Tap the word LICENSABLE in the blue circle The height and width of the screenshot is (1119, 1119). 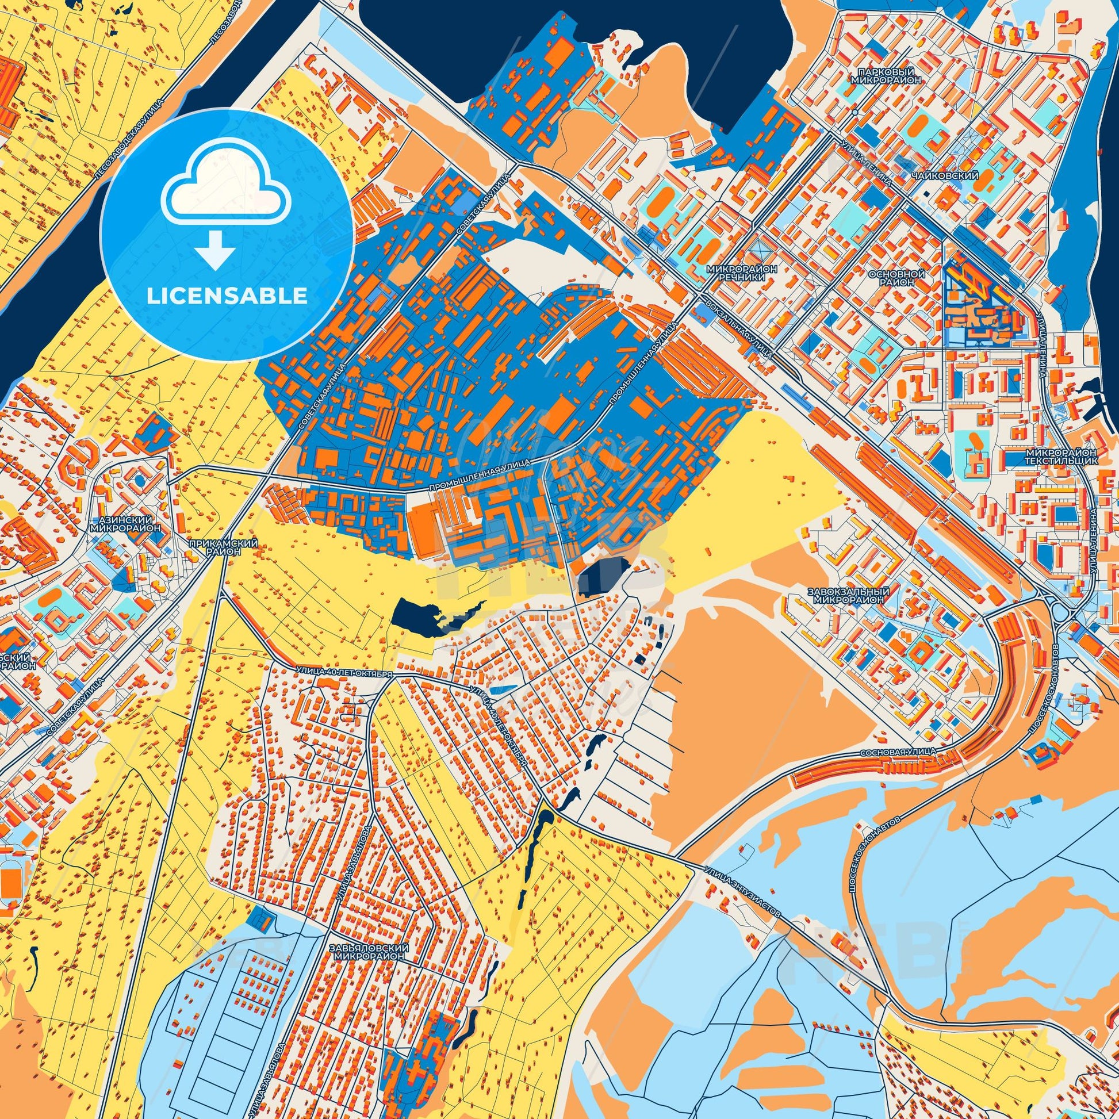(x=227, y=296)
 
